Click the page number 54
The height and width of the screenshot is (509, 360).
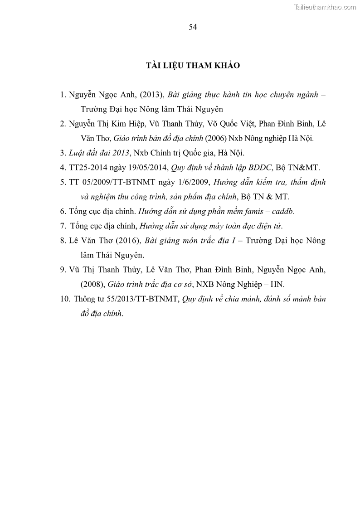[x=193, y=27]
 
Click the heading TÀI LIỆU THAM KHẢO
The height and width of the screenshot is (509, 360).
[x=193, y=66]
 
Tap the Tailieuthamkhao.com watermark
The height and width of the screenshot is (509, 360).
[x=326, y=7]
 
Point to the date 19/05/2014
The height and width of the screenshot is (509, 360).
[x=147, y=167]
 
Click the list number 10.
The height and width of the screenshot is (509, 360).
[x=64, y=299]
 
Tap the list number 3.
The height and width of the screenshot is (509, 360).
[x=62, y=153]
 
